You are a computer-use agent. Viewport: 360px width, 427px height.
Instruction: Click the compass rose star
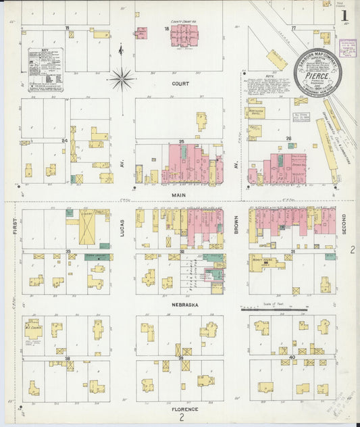(122, 78)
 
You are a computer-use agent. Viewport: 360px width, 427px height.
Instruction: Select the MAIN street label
(178, 195)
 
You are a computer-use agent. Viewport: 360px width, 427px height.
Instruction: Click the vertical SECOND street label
(344, 224)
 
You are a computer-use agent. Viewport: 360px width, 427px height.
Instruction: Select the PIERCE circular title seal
(316, 72)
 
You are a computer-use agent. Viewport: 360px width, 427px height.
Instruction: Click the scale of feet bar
(270, 309)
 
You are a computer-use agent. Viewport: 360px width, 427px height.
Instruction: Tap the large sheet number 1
(344, 15)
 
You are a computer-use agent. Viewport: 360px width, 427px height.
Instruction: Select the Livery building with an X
(88, 226)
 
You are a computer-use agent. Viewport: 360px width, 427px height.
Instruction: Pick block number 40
(292, 357)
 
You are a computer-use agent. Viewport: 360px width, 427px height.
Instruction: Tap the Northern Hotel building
(255, 112)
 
